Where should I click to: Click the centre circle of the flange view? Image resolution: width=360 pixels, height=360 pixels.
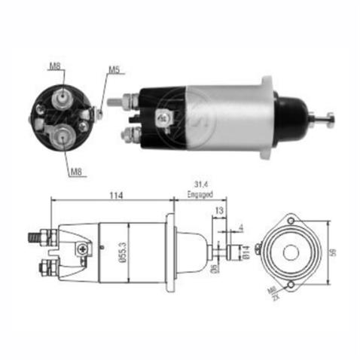(291, 252)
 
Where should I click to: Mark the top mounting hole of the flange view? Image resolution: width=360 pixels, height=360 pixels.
(291, 220)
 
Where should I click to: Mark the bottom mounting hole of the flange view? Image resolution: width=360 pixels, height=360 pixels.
(291, 284)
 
